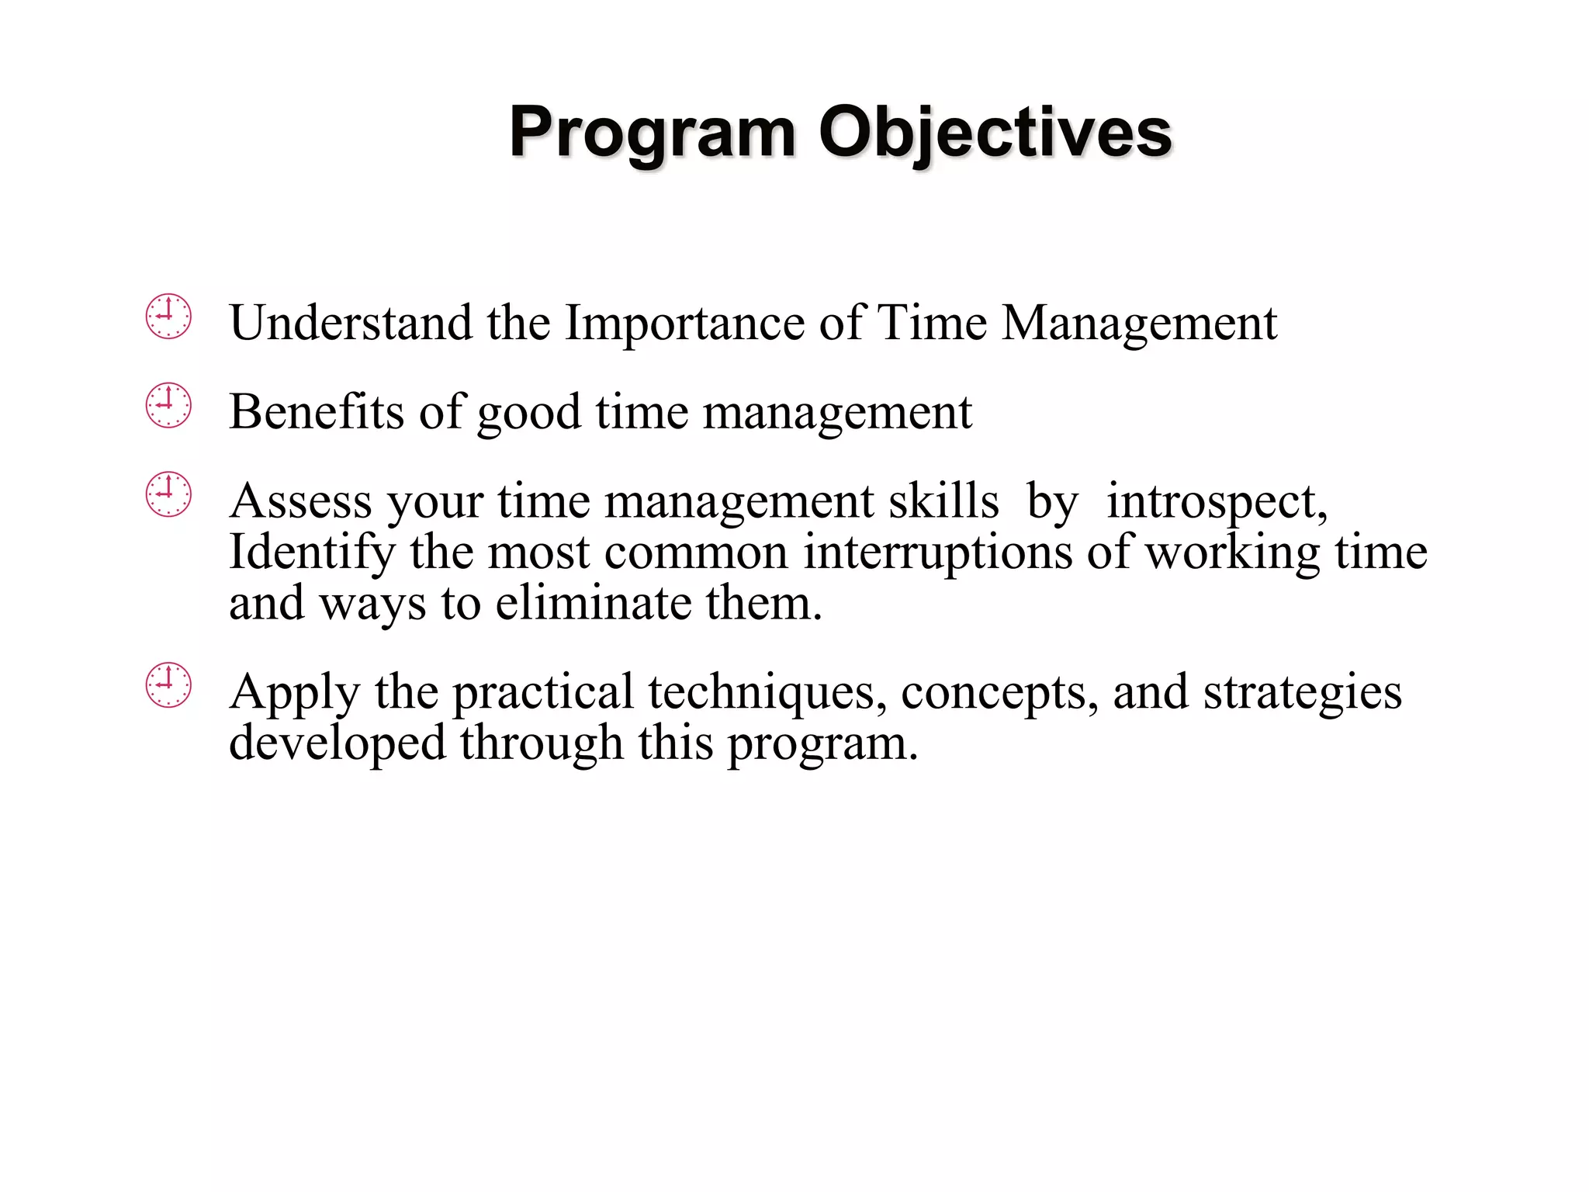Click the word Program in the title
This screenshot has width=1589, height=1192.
652,133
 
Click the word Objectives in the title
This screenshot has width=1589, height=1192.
995,133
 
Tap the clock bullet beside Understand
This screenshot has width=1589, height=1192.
168,317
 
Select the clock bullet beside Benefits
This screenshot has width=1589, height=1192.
168,406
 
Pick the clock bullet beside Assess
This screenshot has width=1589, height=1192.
168,494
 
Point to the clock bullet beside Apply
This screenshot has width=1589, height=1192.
168,685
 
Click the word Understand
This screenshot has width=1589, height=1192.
351,322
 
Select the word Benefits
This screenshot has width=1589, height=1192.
317,411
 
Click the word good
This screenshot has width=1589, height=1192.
528,413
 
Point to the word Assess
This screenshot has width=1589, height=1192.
301,501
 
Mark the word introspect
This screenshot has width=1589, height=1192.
1217,502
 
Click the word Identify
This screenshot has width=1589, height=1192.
312,553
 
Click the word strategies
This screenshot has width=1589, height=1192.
1303,692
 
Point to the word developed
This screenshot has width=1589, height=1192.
338,743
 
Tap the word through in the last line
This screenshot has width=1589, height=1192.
542,743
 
